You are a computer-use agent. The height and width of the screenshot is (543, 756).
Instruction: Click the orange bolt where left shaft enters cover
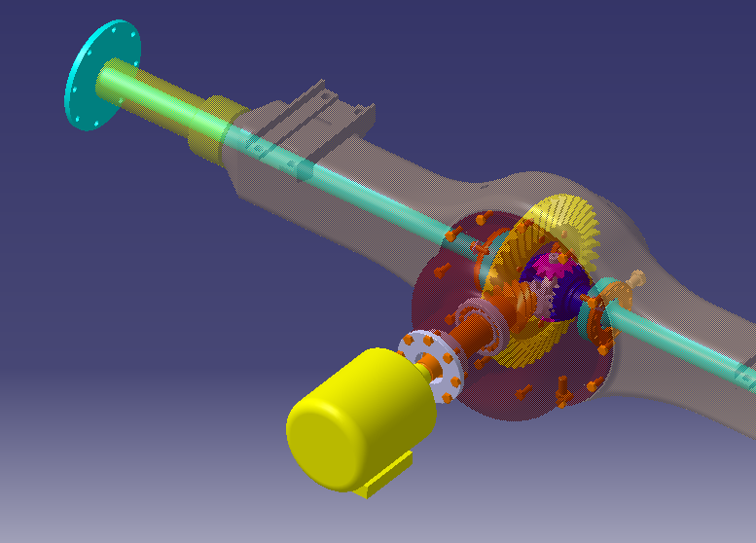(451, 235)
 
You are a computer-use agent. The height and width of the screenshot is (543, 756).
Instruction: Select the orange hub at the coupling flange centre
(428, 360)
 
